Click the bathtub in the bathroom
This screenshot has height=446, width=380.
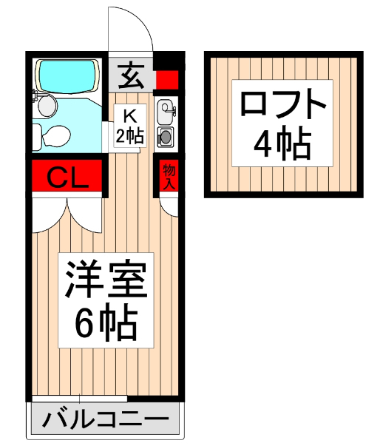click(x=67, y=75)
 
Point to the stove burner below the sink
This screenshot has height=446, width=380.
click(x=165, y=136)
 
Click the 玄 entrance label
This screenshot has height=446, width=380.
click(x=132, y=75)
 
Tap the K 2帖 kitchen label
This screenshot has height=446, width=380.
click(x=129, y=125)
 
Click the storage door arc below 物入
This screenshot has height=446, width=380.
click(x=169, y=208)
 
